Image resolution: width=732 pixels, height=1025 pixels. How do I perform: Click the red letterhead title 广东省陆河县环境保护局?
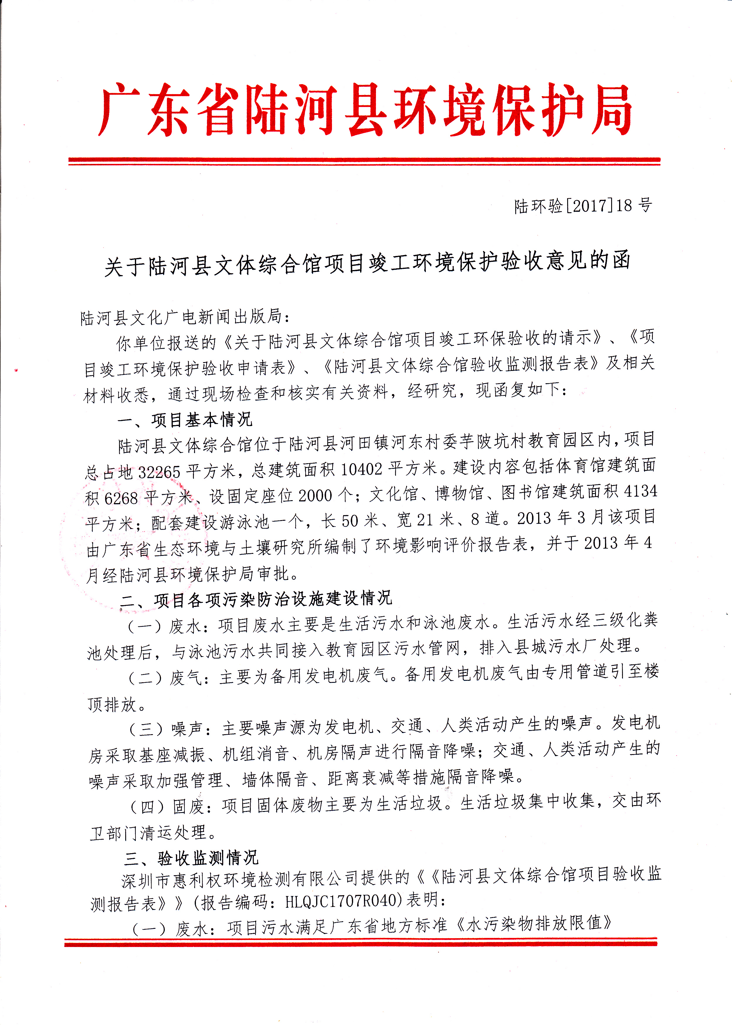pyautogui.click(x=365, y=110)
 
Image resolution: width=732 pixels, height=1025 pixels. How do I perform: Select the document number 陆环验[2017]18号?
pyautogui.click(x=583, y=206)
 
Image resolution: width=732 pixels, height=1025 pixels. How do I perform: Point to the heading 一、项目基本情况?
pyautogui.click(x=185, y=420)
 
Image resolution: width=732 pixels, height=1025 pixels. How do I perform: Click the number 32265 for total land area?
pyautogui.click(x=159, y=472)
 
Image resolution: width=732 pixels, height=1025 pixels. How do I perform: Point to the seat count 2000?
pyautogui.click(x=315, y=495)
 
